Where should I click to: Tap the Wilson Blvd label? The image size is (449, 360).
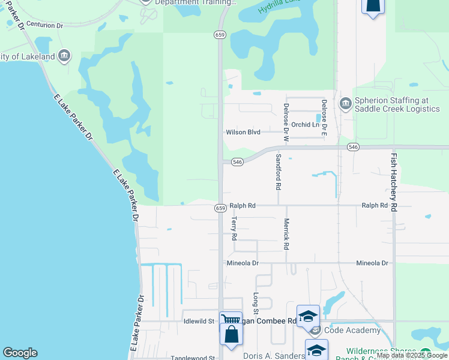(243, 132)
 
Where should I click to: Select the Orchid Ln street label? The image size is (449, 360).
(306, 125)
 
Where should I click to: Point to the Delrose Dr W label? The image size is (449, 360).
(286, 122)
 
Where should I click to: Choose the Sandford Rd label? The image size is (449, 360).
(278, 172)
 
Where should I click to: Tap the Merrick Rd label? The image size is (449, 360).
(286, 233)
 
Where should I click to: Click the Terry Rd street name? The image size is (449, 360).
(234, 229)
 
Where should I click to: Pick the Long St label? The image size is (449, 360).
(255, 302)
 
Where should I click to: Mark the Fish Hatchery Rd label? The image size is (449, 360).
(394, 181)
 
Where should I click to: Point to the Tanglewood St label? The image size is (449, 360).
(193, 358)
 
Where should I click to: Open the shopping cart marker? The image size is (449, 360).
(231, 320)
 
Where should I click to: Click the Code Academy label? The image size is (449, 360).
(352, 331)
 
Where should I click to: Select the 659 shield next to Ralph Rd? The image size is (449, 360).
(220, 208)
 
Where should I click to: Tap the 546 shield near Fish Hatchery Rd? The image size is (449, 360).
(353, 147)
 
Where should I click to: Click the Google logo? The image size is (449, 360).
(20, 353)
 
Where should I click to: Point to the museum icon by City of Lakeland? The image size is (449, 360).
(64, 57)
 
